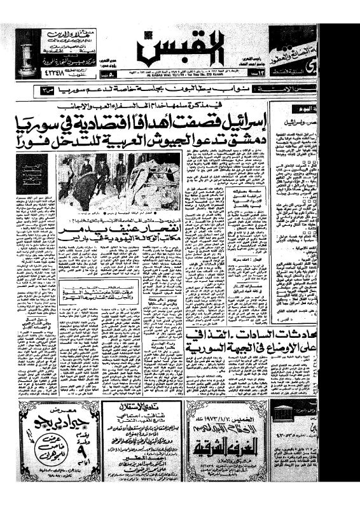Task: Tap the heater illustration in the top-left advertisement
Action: (26, 51)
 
